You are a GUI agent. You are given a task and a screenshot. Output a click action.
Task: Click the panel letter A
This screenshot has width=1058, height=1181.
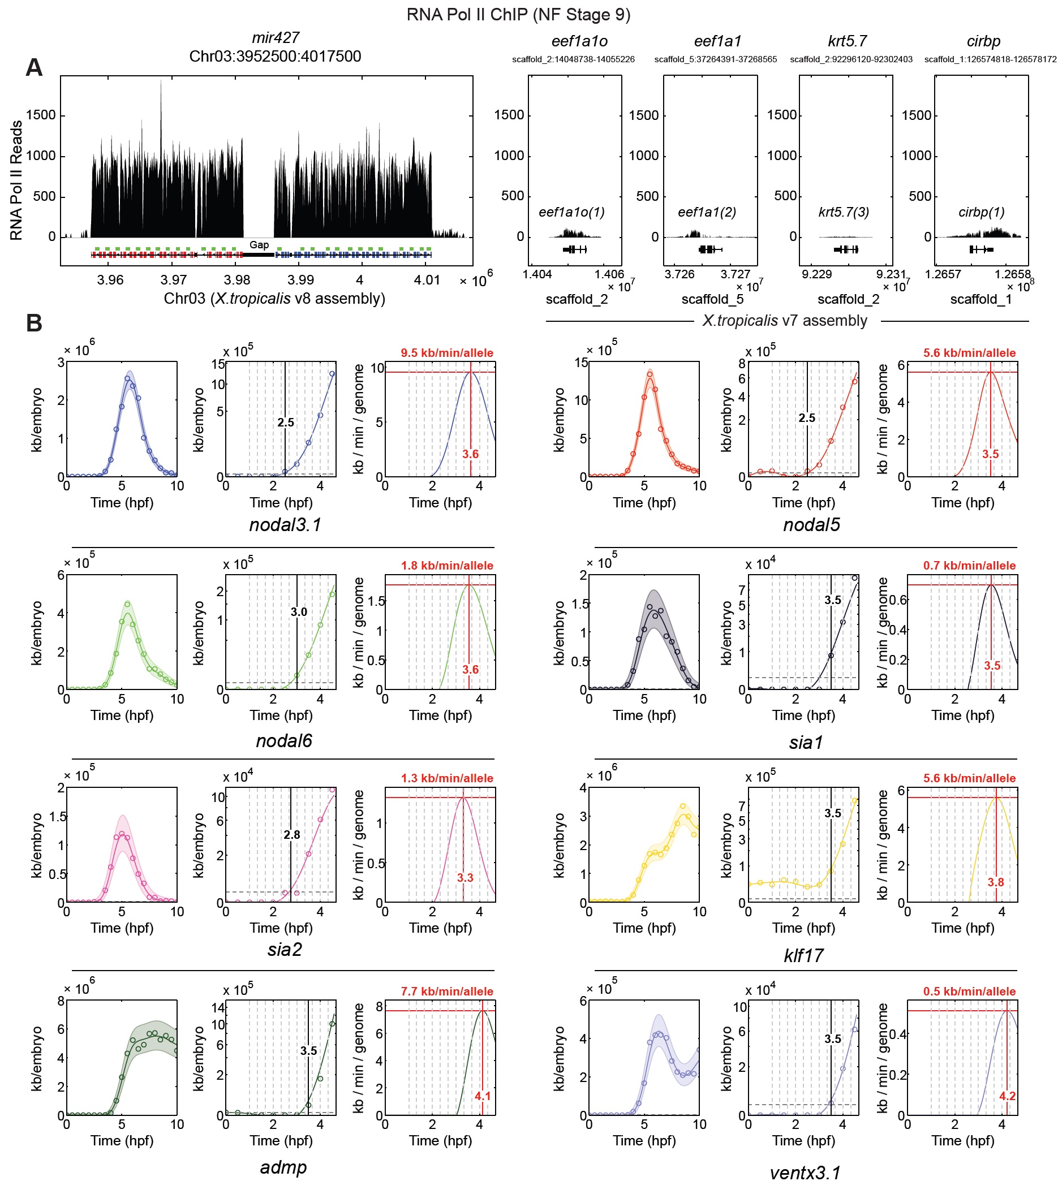(x=34, y=67)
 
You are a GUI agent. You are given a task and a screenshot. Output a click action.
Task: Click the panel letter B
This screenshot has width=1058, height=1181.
(x=34, y=323)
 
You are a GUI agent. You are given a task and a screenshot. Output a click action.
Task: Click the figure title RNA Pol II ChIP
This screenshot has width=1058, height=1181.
(x=518, y=14)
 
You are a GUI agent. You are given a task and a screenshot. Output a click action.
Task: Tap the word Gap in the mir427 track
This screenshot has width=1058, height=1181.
(x=259, y=245)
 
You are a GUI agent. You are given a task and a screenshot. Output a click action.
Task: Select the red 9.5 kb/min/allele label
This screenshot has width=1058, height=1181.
(x=446, y=353)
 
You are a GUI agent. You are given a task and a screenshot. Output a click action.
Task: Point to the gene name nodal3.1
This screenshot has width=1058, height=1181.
(x=285, y=525)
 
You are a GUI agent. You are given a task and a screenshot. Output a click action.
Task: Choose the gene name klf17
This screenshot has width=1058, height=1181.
(x=803, y=955)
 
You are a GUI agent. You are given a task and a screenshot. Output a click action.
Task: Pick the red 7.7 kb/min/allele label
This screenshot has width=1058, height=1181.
(x=446, y=991)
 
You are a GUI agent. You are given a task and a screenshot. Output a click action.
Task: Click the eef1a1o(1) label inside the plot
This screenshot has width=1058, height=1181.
(x=571, y=212)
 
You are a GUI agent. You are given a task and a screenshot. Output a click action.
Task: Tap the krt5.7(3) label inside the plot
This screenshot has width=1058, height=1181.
(x=844, y=212)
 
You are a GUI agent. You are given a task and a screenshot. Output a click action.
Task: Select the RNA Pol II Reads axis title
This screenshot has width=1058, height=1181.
(x=16, y=180)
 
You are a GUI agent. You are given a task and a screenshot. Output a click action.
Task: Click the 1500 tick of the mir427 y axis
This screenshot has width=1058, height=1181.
(x=41, y=115)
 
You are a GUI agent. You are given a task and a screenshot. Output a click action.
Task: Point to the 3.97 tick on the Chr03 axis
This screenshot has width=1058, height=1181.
(x=174, y=280)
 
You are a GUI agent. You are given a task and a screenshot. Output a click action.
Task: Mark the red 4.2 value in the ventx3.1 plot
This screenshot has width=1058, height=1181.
(x=1008, y=1096)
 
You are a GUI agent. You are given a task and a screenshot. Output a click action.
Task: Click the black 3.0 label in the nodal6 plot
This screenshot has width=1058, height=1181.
(x=299, y=611)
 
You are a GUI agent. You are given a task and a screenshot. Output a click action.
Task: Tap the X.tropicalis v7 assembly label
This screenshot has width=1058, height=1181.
(x=784, y=321)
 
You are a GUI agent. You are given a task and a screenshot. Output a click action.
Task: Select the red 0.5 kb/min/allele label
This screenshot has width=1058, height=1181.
(x=969, y=991)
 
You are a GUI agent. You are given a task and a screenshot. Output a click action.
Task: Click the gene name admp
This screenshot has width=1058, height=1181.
(x=283, y=1167)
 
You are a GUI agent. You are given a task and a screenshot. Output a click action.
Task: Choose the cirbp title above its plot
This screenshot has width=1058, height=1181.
(x=983, y=41)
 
